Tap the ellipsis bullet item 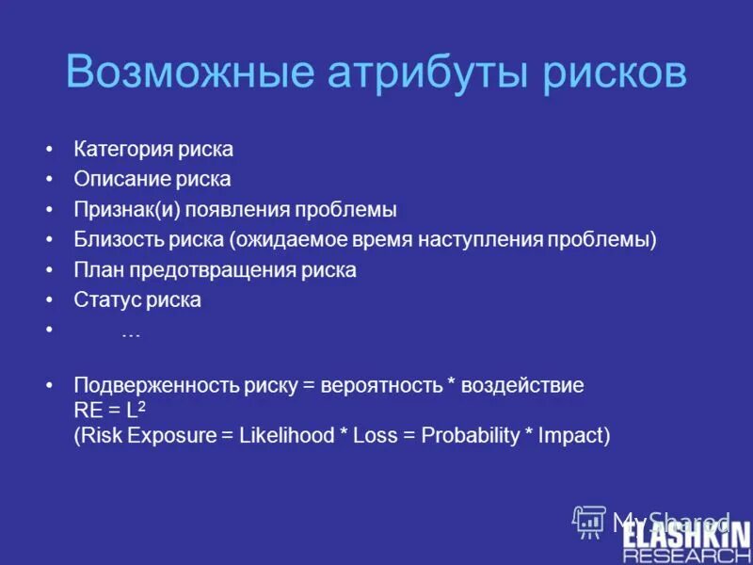[131, 331]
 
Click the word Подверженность [156, 386]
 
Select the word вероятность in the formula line [380, 386]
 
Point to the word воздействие [525, 386]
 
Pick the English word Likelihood [287, 435]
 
